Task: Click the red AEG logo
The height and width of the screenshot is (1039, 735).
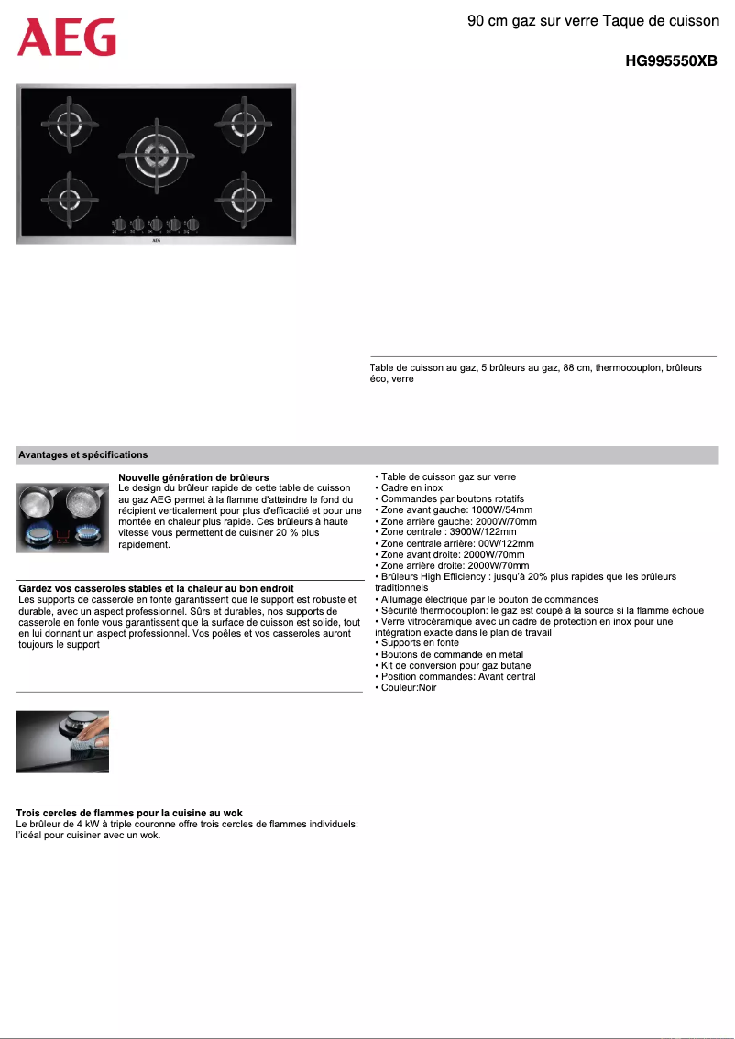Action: pyautogui.click(x=67, y=38)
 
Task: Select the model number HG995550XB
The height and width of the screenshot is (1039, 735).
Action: pyautogui.click(x=670, y=61)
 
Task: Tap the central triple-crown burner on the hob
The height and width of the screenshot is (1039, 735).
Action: pyautogui.click(x=156, y=152)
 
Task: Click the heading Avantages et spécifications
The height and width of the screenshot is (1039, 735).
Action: pyautogui.click(x=83, y=454)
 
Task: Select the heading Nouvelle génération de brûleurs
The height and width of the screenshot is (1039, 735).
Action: pyautogui.click(x=193, y=477)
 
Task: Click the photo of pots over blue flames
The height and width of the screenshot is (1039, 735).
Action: pyautogui.click(x=62, y=518)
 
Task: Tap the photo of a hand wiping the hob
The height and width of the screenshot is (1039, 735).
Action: pyautogui.click(x=62, y=741)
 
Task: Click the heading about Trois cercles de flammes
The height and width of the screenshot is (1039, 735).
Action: pyautogui.click(x=129, y=813)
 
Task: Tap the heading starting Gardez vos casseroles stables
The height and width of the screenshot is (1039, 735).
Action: pyautogui.click(x=156, y=588)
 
